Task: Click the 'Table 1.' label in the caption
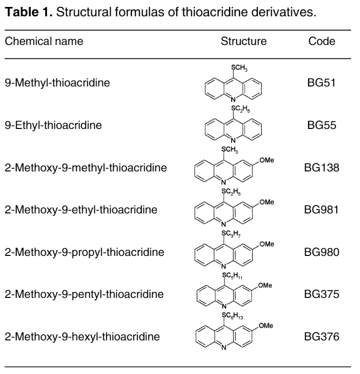[x=29, y=12]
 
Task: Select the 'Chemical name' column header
[x=44, y=42]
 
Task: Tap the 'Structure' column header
[x=243, y=42]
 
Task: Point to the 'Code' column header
[x=321, y=42]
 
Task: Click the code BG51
[x=321, y=83]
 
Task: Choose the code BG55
[x=321, y=125]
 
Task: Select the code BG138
[x=321, y=167]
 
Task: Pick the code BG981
[x=321, y=210]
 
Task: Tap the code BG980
[x=321, y=252]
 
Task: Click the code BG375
[x=321, y=294]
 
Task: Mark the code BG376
[x=321, y=336]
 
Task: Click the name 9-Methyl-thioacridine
[x=57, y=83]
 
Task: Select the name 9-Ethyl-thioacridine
[x=53, y=125]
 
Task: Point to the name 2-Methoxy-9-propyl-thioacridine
[x=84, y=252]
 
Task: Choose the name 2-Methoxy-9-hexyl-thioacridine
[x=82, y=337]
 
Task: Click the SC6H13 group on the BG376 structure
[x=233, y=316]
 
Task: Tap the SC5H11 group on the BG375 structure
[x=233, y=276]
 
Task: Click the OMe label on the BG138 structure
[x=267, y=160]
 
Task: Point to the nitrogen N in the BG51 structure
[x=233, y=99]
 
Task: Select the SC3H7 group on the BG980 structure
[x=231, y=234]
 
